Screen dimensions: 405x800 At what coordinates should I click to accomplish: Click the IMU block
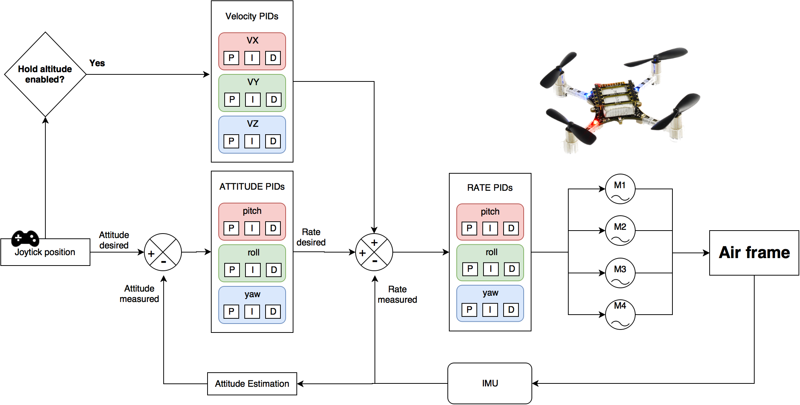pyautogui.click(x=489, y=383)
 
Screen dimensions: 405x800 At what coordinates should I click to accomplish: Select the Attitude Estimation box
pyautogui.click(x=252, y=384)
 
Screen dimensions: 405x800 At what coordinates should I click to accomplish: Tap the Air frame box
pyautogui.click(x=754, y=253)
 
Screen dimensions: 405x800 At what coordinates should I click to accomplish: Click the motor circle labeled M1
pyautogui.click(x=620, y=189)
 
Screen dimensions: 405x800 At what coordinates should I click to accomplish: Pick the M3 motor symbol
pyautogui.click(x=620, y=273)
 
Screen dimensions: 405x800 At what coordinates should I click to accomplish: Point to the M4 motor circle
pyautogui.click(x=620, y=315)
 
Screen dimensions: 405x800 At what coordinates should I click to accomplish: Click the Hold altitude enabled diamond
pyautogui.click(x=45, y=74)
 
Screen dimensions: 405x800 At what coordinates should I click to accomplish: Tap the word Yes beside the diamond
pyautogui.click(x=97, y=63)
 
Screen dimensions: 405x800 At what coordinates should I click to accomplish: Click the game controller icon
pyautogui.click(x=25, y=238)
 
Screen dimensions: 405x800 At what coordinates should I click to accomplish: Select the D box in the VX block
pyautogui.click(x=273, y=58)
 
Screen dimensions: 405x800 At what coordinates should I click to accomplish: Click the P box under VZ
pyautogui.click(x=231, y=141)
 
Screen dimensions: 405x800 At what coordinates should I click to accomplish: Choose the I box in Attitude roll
pyautogui.click(x=253, y=270)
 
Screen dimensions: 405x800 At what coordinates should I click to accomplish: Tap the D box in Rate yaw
pyautogui.click(x=511, y=309)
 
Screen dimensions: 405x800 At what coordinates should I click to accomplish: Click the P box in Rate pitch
pyautogui.click(x=469, y=228)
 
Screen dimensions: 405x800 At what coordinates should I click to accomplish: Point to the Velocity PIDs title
pyautogui.click(x=252, y=16)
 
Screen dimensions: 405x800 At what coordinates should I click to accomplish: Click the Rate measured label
pyautogui.click(x=397, y=295)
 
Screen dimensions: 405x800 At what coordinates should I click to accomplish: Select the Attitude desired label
pyautogui.click(x=114, y=240)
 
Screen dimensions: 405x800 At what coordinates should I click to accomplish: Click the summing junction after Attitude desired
pyautogui.click(x=163, y=252)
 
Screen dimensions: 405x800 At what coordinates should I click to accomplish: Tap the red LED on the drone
pyautogui.click(x=595, y=122)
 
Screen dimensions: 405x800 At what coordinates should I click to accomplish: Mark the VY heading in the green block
pyautogui.click(x=253, y=82)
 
